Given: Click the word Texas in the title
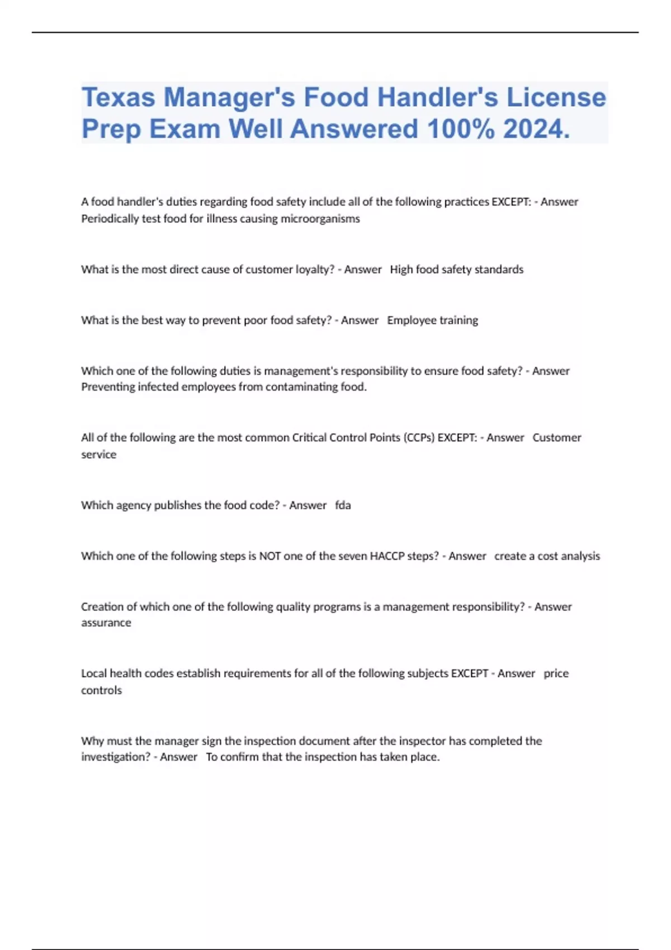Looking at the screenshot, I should tap(118, 97).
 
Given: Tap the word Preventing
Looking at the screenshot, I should tap(108, 387).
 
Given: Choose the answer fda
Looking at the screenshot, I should tap(343, 505).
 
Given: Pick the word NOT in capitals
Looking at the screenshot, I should tap(270, 556).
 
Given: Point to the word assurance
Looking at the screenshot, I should tap(106, 623).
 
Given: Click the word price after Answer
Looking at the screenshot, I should tap(556, 673).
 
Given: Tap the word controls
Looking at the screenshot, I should tap(101, 690).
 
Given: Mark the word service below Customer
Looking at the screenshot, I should tap(99, 454).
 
